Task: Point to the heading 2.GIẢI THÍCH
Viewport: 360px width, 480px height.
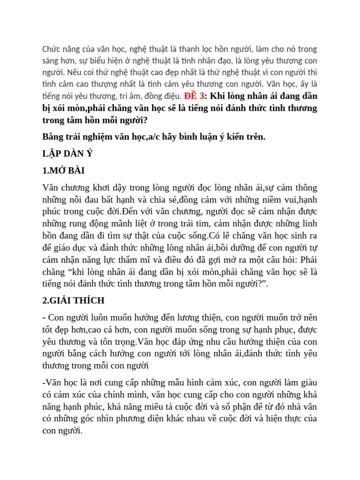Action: (73, 300)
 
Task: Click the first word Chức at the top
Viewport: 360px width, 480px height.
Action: (52, 49)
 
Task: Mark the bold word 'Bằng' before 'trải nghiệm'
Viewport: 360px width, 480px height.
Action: (54, 136)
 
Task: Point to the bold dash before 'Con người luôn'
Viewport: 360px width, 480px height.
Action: (44, 317)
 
